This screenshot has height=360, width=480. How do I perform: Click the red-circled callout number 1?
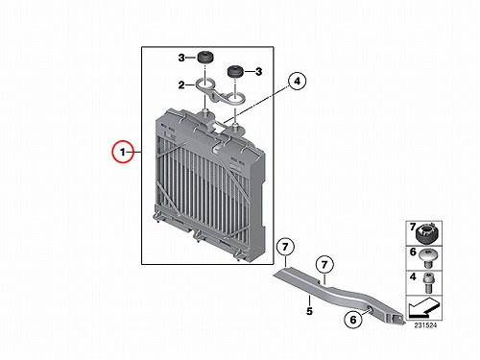tap(123, 152)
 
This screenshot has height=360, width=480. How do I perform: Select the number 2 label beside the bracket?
tap(181, 85)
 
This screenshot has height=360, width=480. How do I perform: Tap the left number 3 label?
tap(181, 58)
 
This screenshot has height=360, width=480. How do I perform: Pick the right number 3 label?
tap(258, 71)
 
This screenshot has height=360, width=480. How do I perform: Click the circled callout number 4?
tap(298, 81)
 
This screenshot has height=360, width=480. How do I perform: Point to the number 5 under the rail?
tap(309, 311)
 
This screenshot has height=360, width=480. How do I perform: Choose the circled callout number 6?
tap(353, 320)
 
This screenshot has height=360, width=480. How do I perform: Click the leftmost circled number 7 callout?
tap(285, 247)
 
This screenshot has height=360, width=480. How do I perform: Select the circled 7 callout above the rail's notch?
tap(324, 265)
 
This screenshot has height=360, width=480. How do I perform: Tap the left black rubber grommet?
tap(204, 58)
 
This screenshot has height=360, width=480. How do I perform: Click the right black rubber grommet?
tap(235, 71)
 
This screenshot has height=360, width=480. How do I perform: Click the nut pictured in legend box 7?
tap(426, 234)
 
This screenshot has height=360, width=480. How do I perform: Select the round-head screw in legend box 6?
tap(427, 258)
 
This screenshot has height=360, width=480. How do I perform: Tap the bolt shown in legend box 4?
tap(428, 282)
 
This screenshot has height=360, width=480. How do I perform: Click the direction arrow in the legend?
tap(423, 307)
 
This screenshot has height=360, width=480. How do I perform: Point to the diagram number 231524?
tap(425, 325)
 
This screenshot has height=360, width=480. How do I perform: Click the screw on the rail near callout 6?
tap(369, 309)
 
